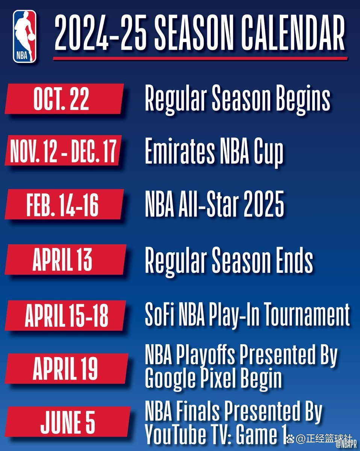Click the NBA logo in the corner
[25, 36]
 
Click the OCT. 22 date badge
[64, 99]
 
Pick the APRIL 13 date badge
[64, 259]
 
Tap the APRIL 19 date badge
[66, 368]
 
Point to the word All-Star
[212, 205]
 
